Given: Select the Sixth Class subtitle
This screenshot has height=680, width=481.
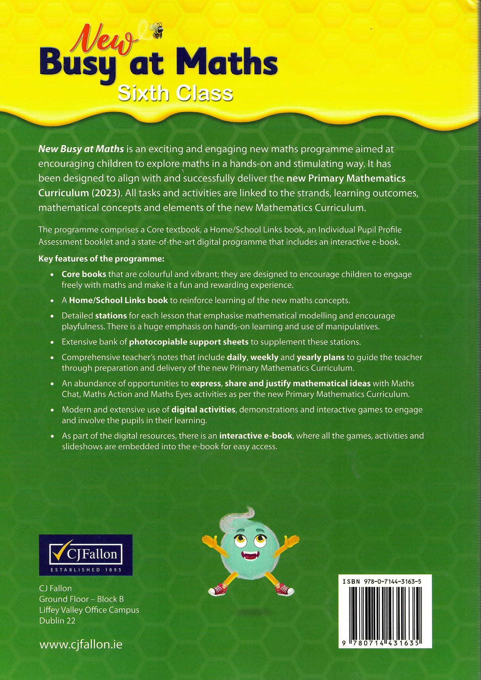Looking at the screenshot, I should click(x=175, y=94).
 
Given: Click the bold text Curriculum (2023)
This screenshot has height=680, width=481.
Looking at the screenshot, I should click(x=80, y=193).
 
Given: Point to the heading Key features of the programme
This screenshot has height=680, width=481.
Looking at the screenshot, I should click(x=101, y=259).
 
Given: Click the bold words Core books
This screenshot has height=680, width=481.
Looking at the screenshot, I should click(x=84, y=274).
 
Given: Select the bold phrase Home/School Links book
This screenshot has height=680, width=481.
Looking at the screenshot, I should click(x=118, y=301).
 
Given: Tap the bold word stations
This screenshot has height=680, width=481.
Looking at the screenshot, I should click(x=111, y=316).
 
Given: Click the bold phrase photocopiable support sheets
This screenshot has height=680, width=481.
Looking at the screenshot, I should click(x=189, y=342).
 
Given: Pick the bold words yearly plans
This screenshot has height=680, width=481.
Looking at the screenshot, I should click(x=321, y=357).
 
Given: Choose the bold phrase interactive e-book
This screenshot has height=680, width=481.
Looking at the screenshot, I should click(x=256, y=436).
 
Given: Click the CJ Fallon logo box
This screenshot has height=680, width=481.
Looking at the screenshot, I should click(x=86, y=555).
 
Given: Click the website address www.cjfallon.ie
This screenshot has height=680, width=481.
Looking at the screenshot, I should click(x=81, y=645).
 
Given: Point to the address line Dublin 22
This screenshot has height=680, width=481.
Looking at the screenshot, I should click(x=57, y=621).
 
